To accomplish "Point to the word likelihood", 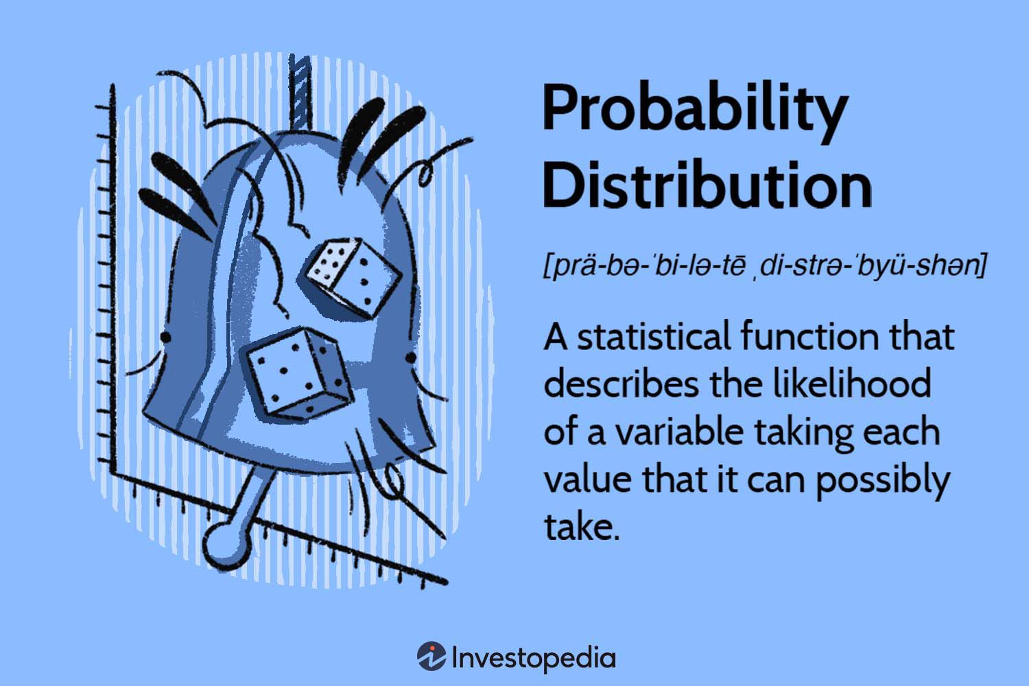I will (851, 385).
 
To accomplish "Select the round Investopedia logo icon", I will (431, 657).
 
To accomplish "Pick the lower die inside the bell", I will (298, 373).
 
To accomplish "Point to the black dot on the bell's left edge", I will (165, 337).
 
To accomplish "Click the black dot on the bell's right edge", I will (410, 358).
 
